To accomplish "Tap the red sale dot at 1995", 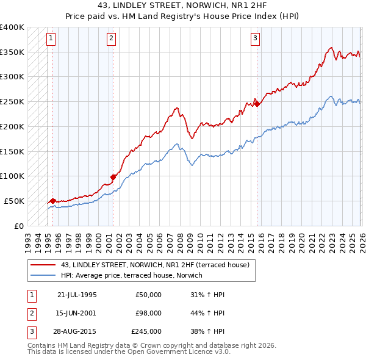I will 52,201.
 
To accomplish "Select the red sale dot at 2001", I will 113,177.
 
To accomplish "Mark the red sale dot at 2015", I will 257,104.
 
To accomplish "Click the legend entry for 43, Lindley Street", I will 155,265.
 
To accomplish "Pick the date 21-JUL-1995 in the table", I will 77,295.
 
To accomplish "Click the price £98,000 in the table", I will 148,313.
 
